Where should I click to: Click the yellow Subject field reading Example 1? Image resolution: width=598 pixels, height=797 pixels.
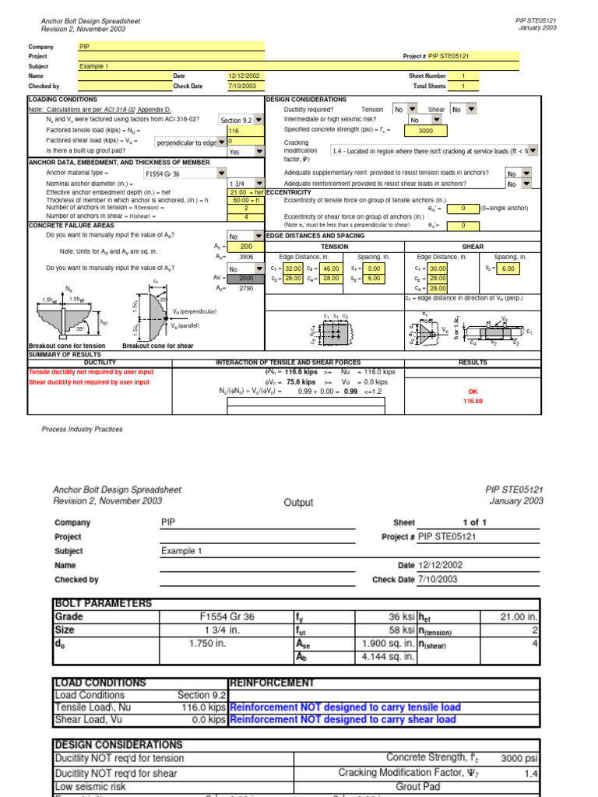(171, 66)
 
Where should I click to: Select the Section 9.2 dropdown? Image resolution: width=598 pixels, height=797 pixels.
(241, 121)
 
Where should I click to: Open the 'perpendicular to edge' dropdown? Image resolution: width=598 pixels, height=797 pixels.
(190, 143)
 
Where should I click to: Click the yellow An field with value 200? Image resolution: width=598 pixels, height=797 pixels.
(245, 247)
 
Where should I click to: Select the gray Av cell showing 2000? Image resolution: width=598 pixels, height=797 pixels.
(245, 278)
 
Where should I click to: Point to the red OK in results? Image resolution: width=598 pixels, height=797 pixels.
(473, 391)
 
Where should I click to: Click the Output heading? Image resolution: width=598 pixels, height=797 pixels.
(298, 503)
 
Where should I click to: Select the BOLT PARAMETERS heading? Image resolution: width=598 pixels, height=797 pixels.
(103, 603)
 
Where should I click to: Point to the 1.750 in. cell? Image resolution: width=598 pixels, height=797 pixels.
(207, 644)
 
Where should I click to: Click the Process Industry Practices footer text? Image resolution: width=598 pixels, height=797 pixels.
(82, 429)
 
